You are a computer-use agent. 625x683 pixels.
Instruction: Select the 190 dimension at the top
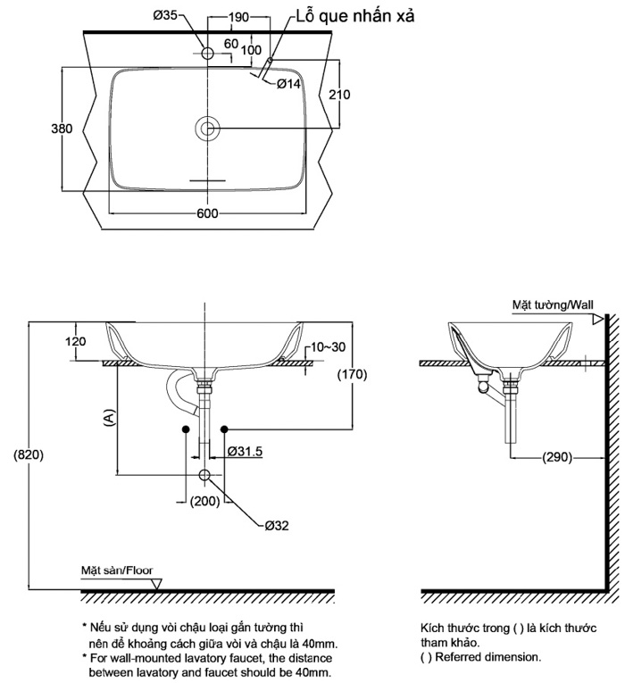tap(238, 16)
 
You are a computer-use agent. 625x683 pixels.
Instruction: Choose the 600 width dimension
tap(207, 212)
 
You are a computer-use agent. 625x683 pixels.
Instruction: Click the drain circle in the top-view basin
tap(207, 129)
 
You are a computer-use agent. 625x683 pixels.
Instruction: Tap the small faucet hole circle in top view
tap(207, 54)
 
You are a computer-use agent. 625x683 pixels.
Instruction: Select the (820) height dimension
tap(29, 454)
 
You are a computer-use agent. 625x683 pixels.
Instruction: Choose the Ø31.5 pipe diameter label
tap(245, 452)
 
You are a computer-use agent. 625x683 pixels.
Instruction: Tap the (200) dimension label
tap(205, 501)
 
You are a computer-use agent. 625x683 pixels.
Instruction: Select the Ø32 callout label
tap(276, 525)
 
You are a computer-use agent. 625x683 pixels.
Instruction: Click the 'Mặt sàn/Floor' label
tap(115, 569)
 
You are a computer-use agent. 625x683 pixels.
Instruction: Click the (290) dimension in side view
tap(556, 458)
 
